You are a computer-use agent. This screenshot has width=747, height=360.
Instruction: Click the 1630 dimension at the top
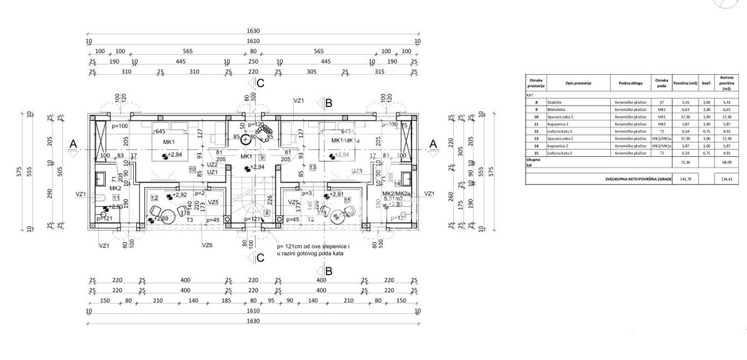[x=252, y=31]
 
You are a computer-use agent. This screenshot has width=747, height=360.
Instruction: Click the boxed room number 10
[x=192, y=169]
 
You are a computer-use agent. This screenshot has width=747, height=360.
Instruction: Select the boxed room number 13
[x=312, y=168]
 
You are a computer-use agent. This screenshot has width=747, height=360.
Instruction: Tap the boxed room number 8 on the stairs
[x=267, y=213]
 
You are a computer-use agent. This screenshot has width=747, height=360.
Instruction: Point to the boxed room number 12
[x=153, y=197]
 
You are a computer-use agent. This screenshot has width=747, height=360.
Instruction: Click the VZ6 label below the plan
[x=207, y=245]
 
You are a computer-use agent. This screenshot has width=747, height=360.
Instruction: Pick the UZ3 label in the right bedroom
[x=357, y=171]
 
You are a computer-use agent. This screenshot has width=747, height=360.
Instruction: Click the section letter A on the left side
[x=72, y=144]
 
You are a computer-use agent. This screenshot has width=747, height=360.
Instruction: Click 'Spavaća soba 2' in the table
[x=560, y=138]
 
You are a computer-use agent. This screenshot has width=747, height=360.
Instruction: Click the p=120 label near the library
[x=256, y=125]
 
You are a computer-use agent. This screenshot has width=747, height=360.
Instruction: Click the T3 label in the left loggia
[x=172, y=220]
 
